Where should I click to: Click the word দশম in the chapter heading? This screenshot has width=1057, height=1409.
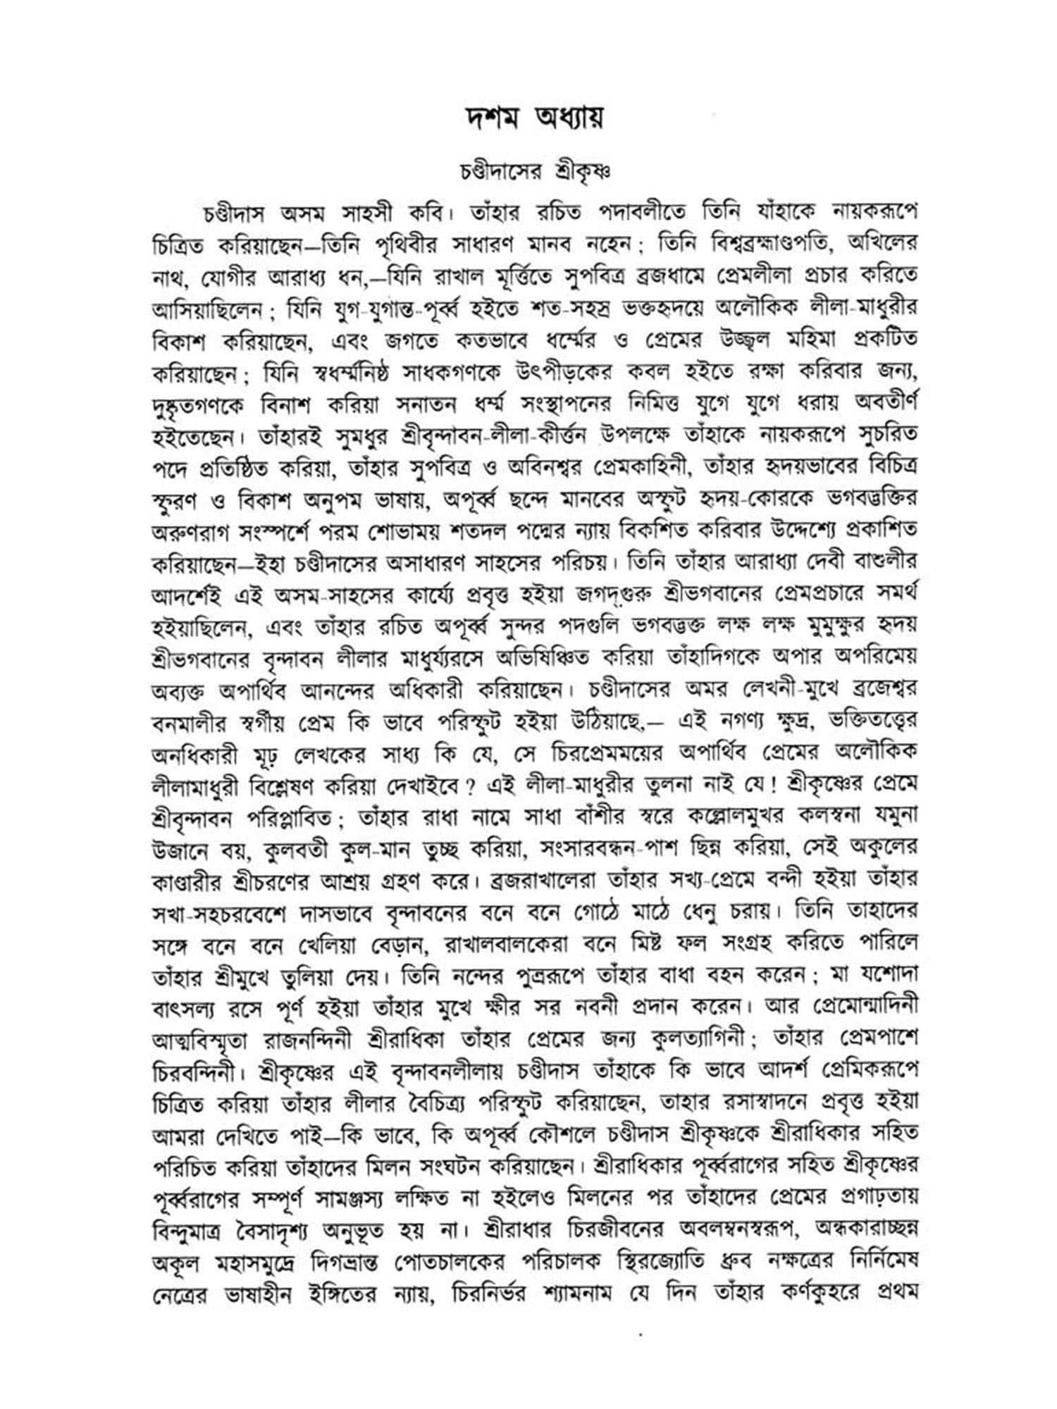pyautogui.click(x=487, y=119)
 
